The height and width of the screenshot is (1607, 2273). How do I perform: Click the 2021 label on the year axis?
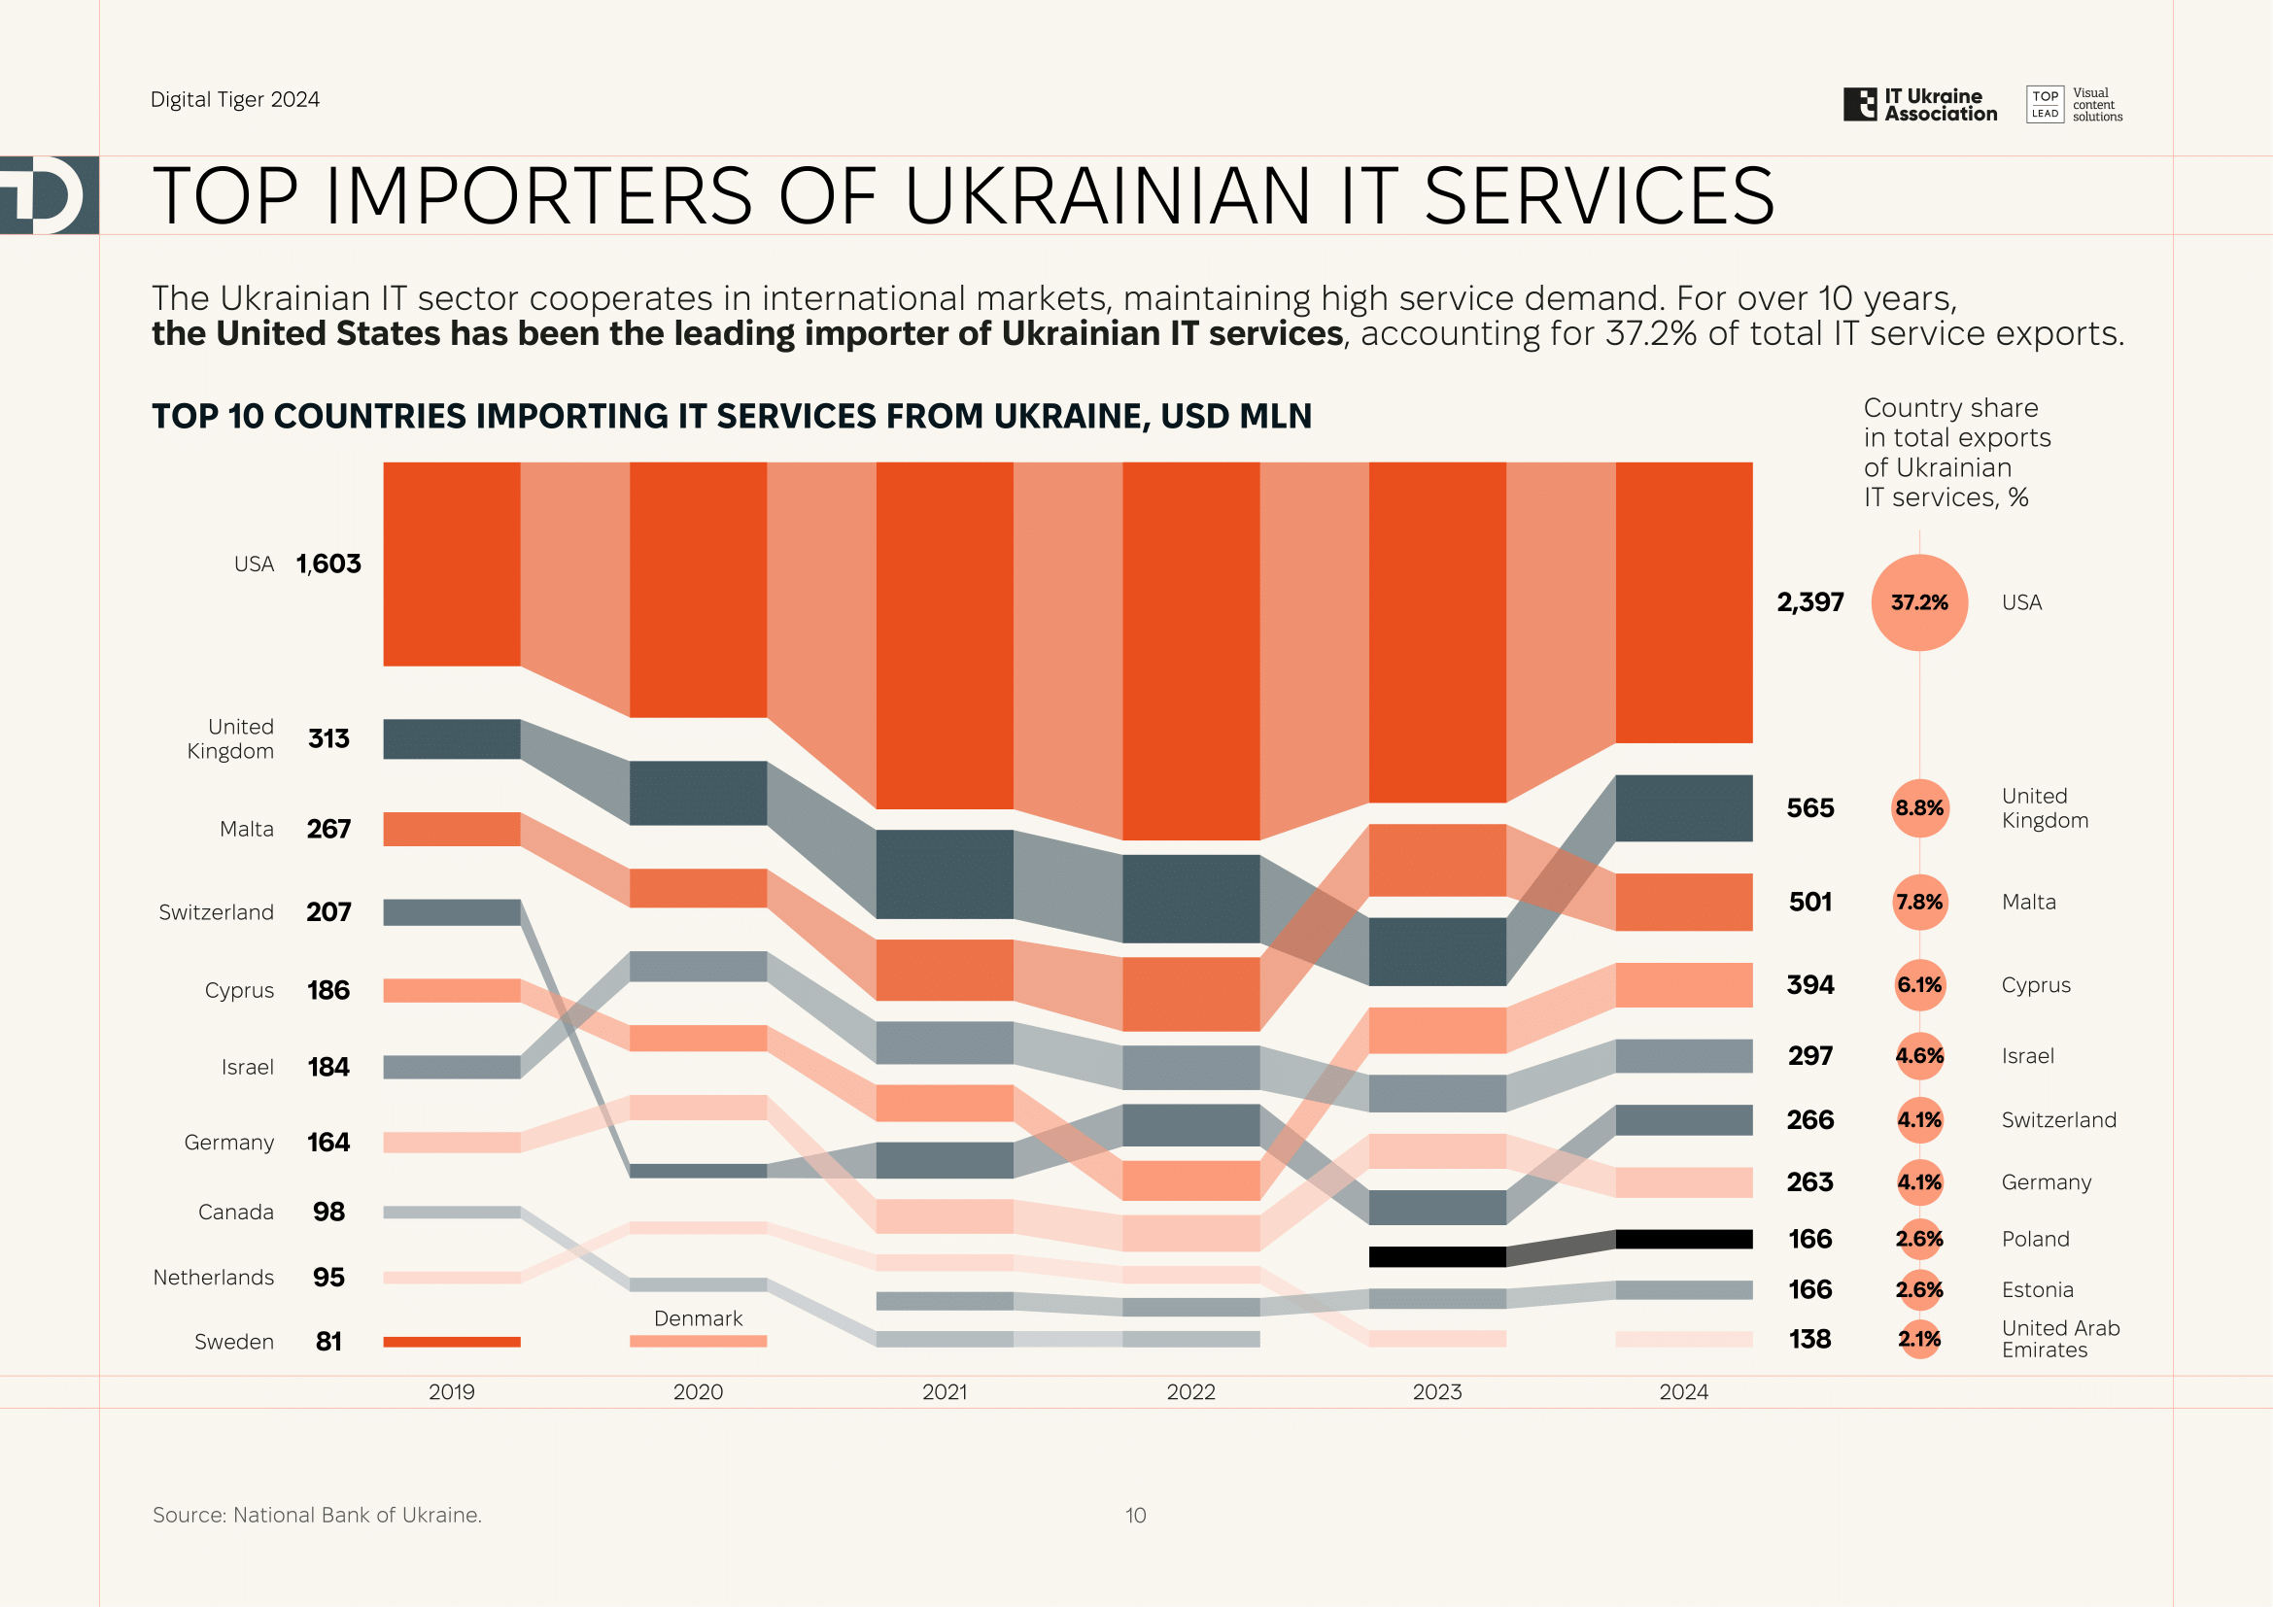click(944, 1391)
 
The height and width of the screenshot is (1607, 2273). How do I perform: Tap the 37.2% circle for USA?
click(1918, 602)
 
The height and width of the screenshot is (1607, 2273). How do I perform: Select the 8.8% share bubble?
click(1918, 808)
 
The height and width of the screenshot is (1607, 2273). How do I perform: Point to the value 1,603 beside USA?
click(328, 564)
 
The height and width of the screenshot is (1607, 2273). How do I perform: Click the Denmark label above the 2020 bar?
click(698, 1318)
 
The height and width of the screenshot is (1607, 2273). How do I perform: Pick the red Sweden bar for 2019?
click(452, 1342)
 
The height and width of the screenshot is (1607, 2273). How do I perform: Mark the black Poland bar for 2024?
click(1683, 1239)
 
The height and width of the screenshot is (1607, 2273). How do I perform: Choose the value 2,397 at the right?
click(1809, 602)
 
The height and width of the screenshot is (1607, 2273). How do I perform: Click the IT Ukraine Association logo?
click(1919, 105)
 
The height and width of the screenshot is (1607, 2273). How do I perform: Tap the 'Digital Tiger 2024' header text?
click(234, 100)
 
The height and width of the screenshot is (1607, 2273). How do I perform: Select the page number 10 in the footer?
click(1135, 1515)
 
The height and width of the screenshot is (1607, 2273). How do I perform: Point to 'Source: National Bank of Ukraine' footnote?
click(317, 1515)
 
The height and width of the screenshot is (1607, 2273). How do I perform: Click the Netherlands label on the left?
click(213, 1278)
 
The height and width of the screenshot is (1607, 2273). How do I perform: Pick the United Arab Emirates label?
click(2059, 1339)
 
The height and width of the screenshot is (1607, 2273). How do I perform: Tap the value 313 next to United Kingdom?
click(328, 739)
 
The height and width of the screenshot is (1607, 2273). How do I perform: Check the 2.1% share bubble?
click(1918, 1339)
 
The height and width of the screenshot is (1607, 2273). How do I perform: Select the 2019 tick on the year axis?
click(452, 1391)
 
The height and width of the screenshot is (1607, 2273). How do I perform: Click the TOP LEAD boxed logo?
click(2045, 105)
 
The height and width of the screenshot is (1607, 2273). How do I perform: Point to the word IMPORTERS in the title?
click(538, 196)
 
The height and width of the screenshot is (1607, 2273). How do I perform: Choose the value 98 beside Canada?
click(328, 1213)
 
